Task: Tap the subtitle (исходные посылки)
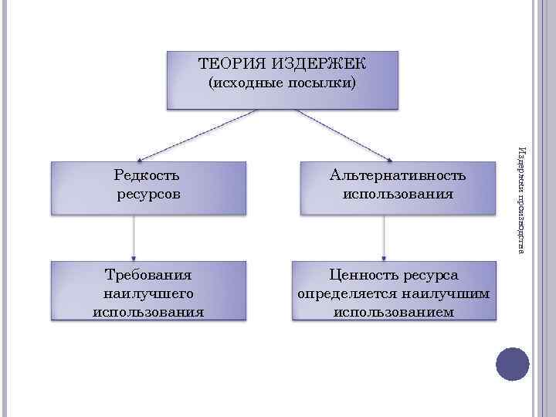(283, 83)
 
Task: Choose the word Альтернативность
(398, 176)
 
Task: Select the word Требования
(148, 275)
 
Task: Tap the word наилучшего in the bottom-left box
(148, 293)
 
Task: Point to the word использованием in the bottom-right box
(394, 312)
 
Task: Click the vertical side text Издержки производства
(522, 199)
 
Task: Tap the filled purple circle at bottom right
(511, 364)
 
